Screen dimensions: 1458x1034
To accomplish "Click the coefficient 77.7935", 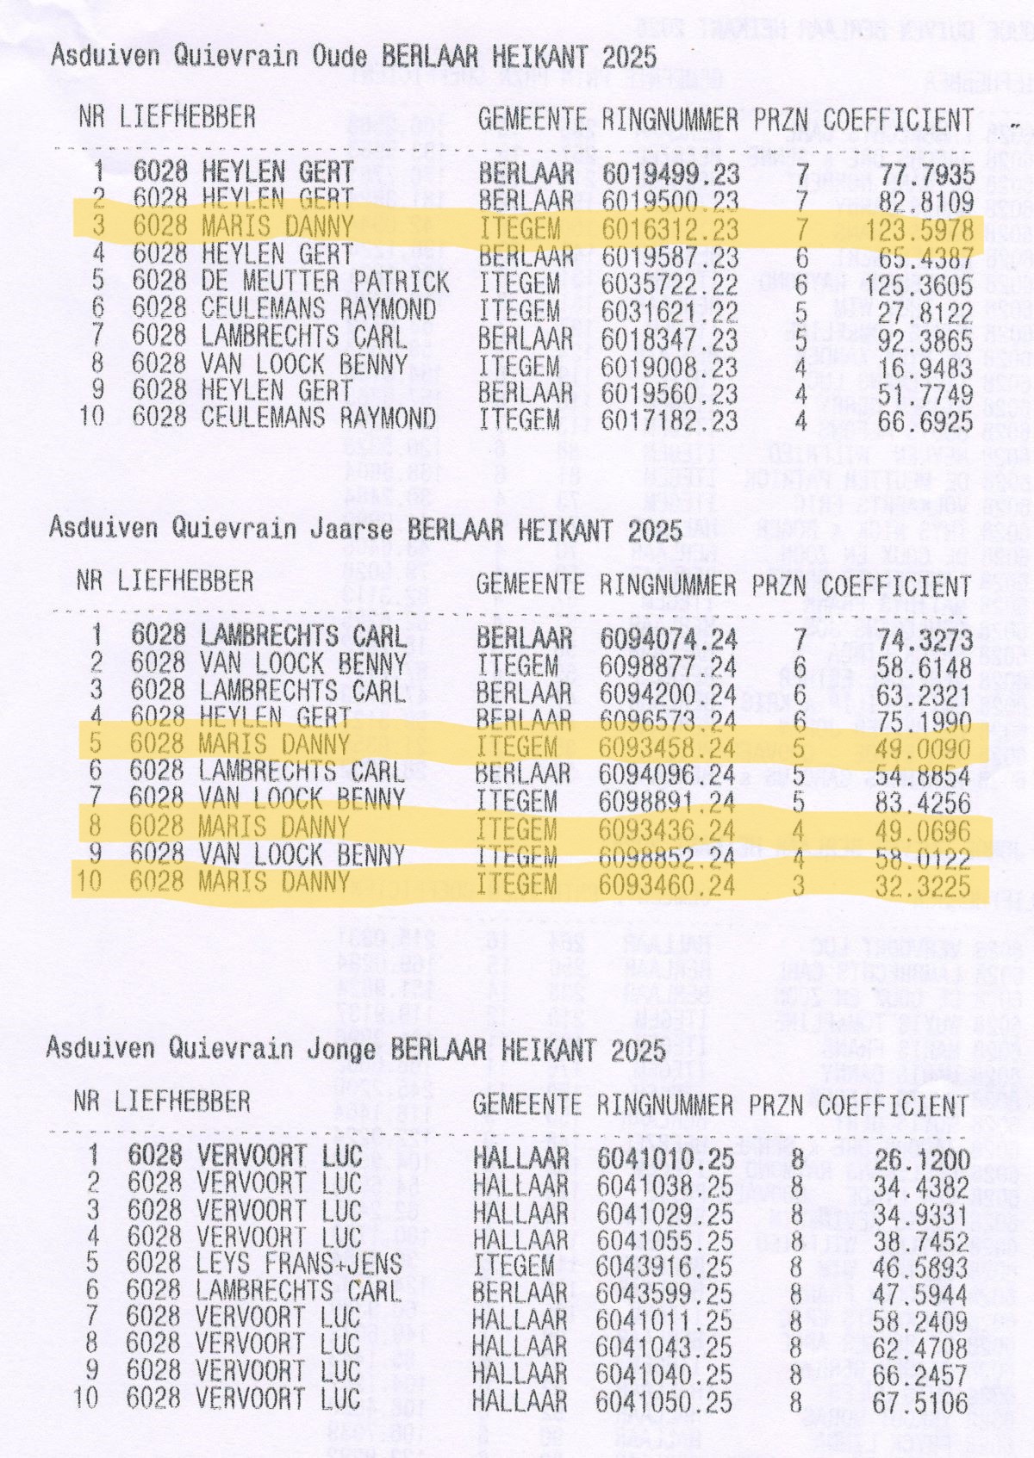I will coord(925,175).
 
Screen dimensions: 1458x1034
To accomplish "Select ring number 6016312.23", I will coord(670,229).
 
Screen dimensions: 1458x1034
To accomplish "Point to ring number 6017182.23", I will coord(670,421).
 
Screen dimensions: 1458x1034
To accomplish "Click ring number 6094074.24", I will coord(668,639).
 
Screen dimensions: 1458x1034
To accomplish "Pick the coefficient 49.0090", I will coord(924,748).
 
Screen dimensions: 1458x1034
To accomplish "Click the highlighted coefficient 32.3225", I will coord(923,885).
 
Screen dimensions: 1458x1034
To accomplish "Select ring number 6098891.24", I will coord(667,803).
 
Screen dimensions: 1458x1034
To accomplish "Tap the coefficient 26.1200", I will coord(922,1159).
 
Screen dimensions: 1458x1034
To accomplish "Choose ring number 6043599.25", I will coord(664,1293).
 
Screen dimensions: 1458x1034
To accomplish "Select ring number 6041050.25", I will coord(664,1401).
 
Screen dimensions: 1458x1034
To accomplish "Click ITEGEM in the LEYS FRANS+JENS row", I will coord(514,1265).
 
